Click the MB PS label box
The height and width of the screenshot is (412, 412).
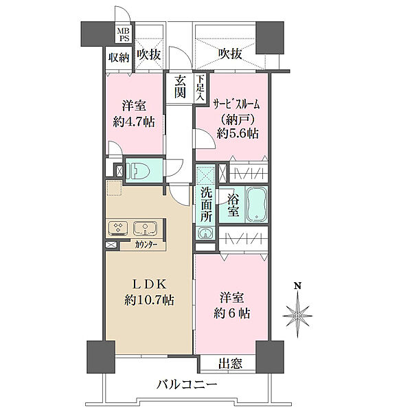[123, 34]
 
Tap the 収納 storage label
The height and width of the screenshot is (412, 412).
[119, 58]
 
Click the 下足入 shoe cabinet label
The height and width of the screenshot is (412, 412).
[201, 89]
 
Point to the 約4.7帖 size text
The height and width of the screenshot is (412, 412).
[134, 122]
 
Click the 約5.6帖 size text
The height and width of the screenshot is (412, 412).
[238, 133]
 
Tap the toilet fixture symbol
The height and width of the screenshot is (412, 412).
[137, 170]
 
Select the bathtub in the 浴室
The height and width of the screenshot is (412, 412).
[257, 204]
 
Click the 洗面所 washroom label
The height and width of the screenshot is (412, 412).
[206, 205]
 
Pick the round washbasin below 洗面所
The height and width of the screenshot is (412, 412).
[205, 233]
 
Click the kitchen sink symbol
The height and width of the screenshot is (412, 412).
[146, 229]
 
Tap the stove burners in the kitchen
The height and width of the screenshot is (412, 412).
[118, 228]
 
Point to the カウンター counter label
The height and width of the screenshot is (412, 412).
[146, 245]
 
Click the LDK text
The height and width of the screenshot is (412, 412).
[149, 284]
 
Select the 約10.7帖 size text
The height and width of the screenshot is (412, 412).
[149, 300]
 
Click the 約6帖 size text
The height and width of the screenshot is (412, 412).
[232, 313]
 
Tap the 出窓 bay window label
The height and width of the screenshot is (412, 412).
[231, 364]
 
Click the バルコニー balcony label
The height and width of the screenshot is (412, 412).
[187, 385]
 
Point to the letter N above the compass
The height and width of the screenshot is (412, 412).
[297, 286]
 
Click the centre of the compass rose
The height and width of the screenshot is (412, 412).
[297, 315]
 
